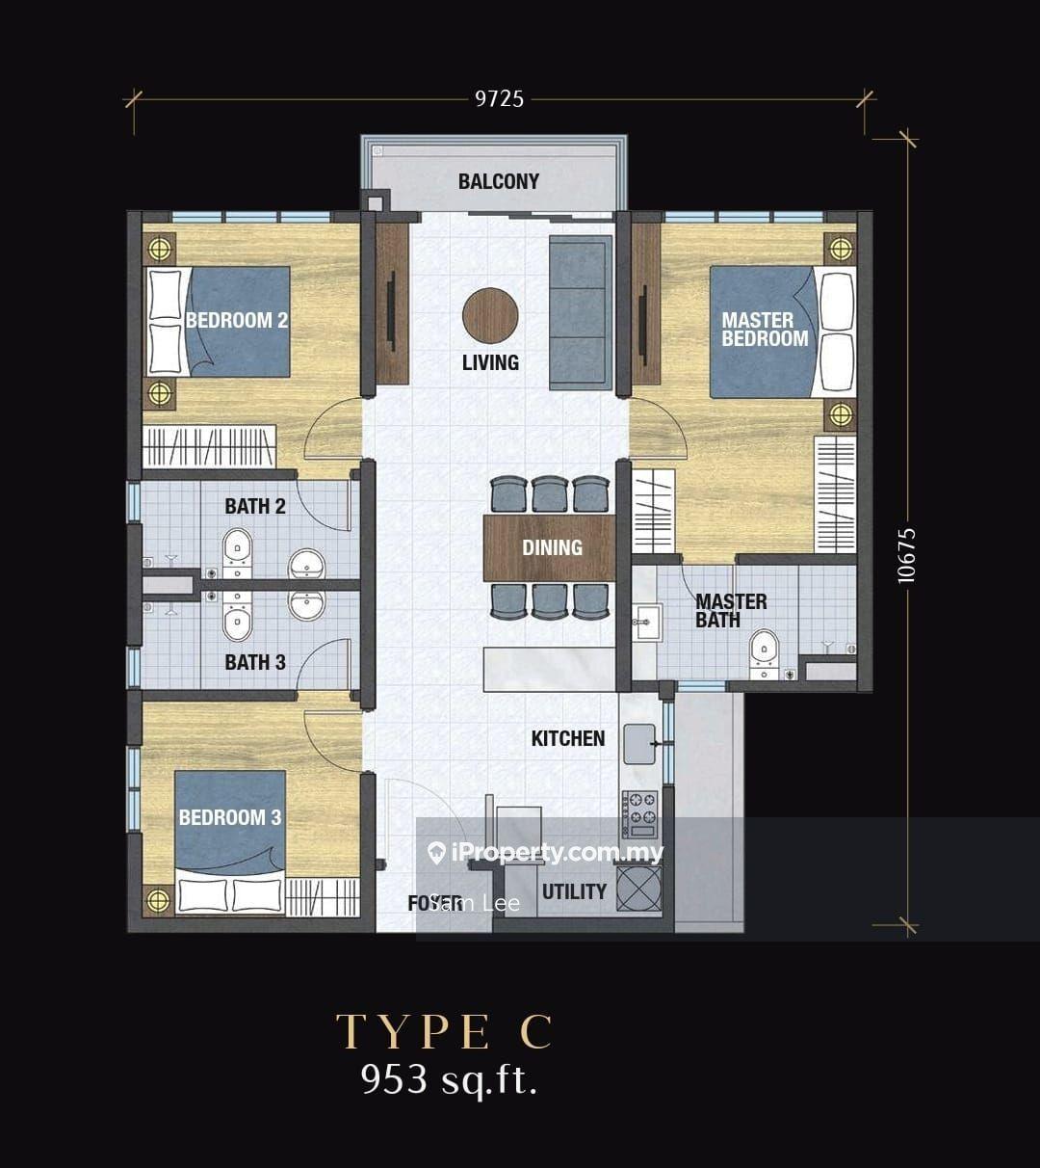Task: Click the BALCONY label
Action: (x=498, y=181)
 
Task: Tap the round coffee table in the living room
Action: (x=490, y=315)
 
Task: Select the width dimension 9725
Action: (x=499, y=98)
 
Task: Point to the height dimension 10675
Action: (x=906, y=554)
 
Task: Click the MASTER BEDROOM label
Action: (x=765, y=329)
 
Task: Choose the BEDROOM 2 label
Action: (x=237, y=320)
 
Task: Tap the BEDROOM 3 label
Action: (x=230, y=817)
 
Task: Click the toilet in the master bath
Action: (x=764, y=652)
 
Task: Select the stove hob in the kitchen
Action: (x=639, y=813)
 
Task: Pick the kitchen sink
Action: (x=639, y=743)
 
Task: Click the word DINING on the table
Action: (x=552, y=547)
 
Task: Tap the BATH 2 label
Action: (x=255, y=506)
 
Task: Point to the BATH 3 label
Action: (x=255, y=662)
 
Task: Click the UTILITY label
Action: (x=574, y=891)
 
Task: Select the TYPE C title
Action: (x=445, y=1032)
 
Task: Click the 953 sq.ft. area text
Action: (x=449, y=1079)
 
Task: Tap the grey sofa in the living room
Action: (x=581, y=311)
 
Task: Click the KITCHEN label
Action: (x=568, y=738)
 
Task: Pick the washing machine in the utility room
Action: (x=639, y=888)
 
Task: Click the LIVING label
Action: (x=490, y=362)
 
